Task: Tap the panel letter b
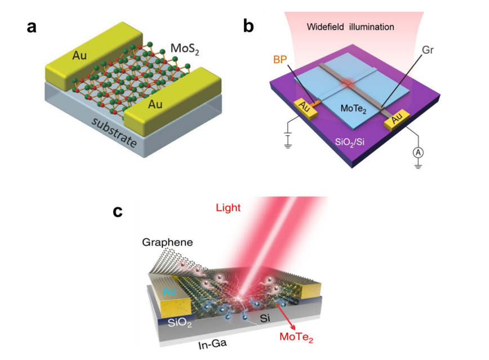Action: pyautogui.click(x=248, y=26)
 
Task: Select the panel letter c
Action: pyautogui.click(x=118, y=211)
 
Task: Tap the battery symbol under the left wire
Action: pyautogui.click(x=289, y=140)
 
